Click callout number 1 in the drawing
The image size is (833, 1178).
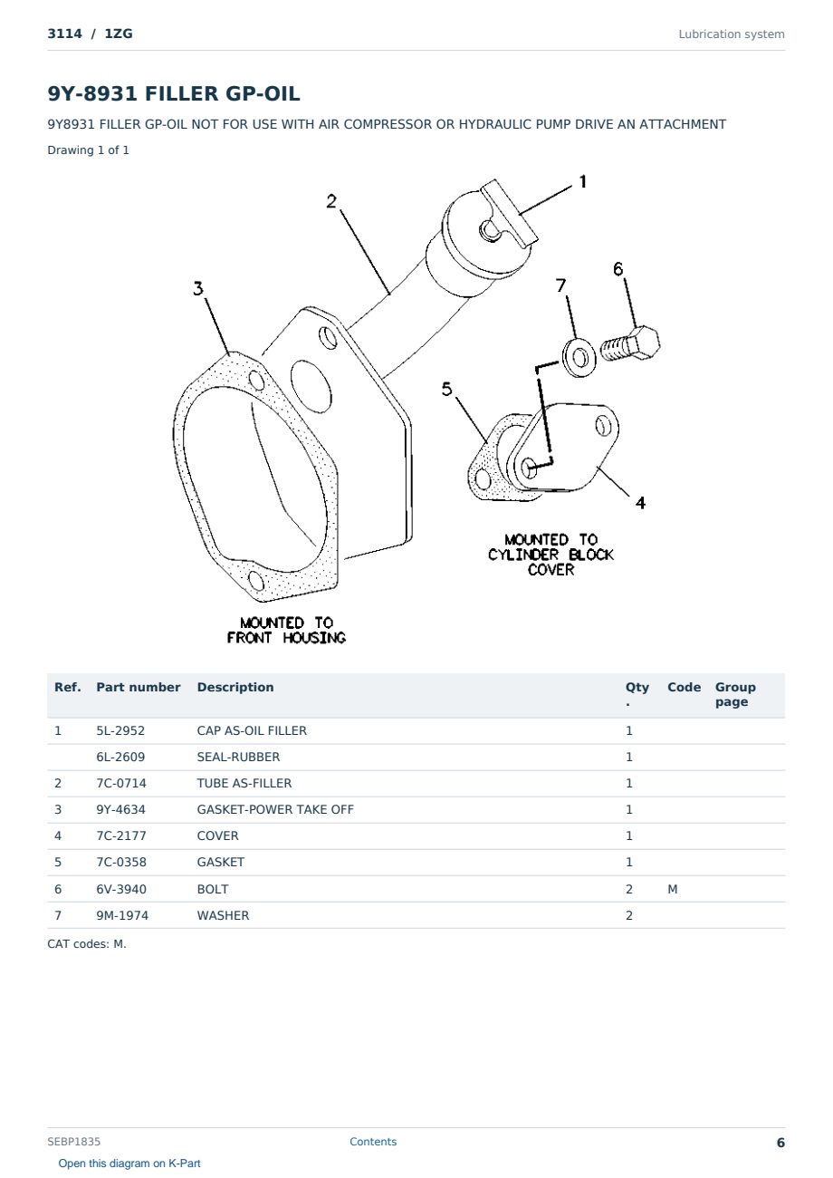[x=582, y=182]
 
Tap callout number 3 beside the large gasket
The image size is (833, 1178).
[x=198, y=288]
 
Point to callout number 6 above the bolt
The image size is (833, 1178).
[x=618, y=269]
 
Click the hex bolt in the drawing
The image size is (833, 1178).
[x=630, y=344]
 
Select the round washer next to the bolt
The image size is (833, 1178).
[x=579, y=358]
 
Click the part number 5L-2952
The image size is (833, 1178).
[x=120, y=730]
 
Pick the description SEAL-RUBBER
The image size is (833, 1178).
[x=238, y=757]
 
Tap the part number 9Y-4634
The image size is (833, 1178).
[x=120, y=809]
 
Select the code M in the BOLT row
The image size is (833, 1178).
[x=672, y=889]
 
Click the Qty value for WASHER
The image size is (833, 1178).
[x=629, y=915]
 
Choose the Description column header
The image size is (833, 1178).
[x=235, y=688]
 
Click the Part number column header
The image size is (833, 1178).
[x=139, y=688]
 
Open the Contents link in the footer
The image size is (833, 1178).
[x=373, y=1142]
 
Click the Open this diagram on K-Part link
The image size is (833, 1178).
[x=129, y=1164]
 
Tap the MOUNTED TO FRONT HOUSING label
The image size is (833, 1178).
[x=286, y=631]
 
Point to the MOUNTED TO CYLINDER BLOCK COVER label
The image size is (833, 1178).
[x=551, y=555]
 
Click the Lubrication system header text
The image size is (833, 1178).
[x=732, y=34]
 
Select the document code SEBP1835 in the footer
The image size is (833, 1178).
[x=73, y=1142]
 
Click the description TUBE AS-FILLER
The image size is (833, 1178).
[x=244, y=783]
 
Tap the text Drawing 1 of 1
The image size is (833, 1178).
[x=89, y=150]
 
